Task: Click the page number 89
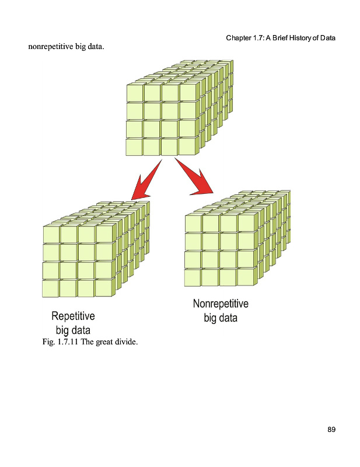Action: [331, 430]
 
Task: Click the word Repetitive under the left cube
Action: [73, 316]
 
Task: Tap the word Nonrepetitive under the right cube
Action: [221, 304]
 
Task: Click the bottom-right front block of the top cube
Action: [187, 146]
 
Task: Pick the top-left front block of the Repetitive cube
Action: [51, 234]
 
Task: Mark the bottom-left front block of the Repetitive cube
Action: [51, 288]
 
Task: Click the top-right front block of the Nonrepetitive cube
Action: [246, 224]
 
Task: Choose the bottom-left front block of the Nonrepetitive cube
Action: [193, 277]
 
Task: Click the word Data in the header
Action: [328, 38]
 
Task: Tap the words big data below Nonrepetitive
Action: [221, 318]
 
